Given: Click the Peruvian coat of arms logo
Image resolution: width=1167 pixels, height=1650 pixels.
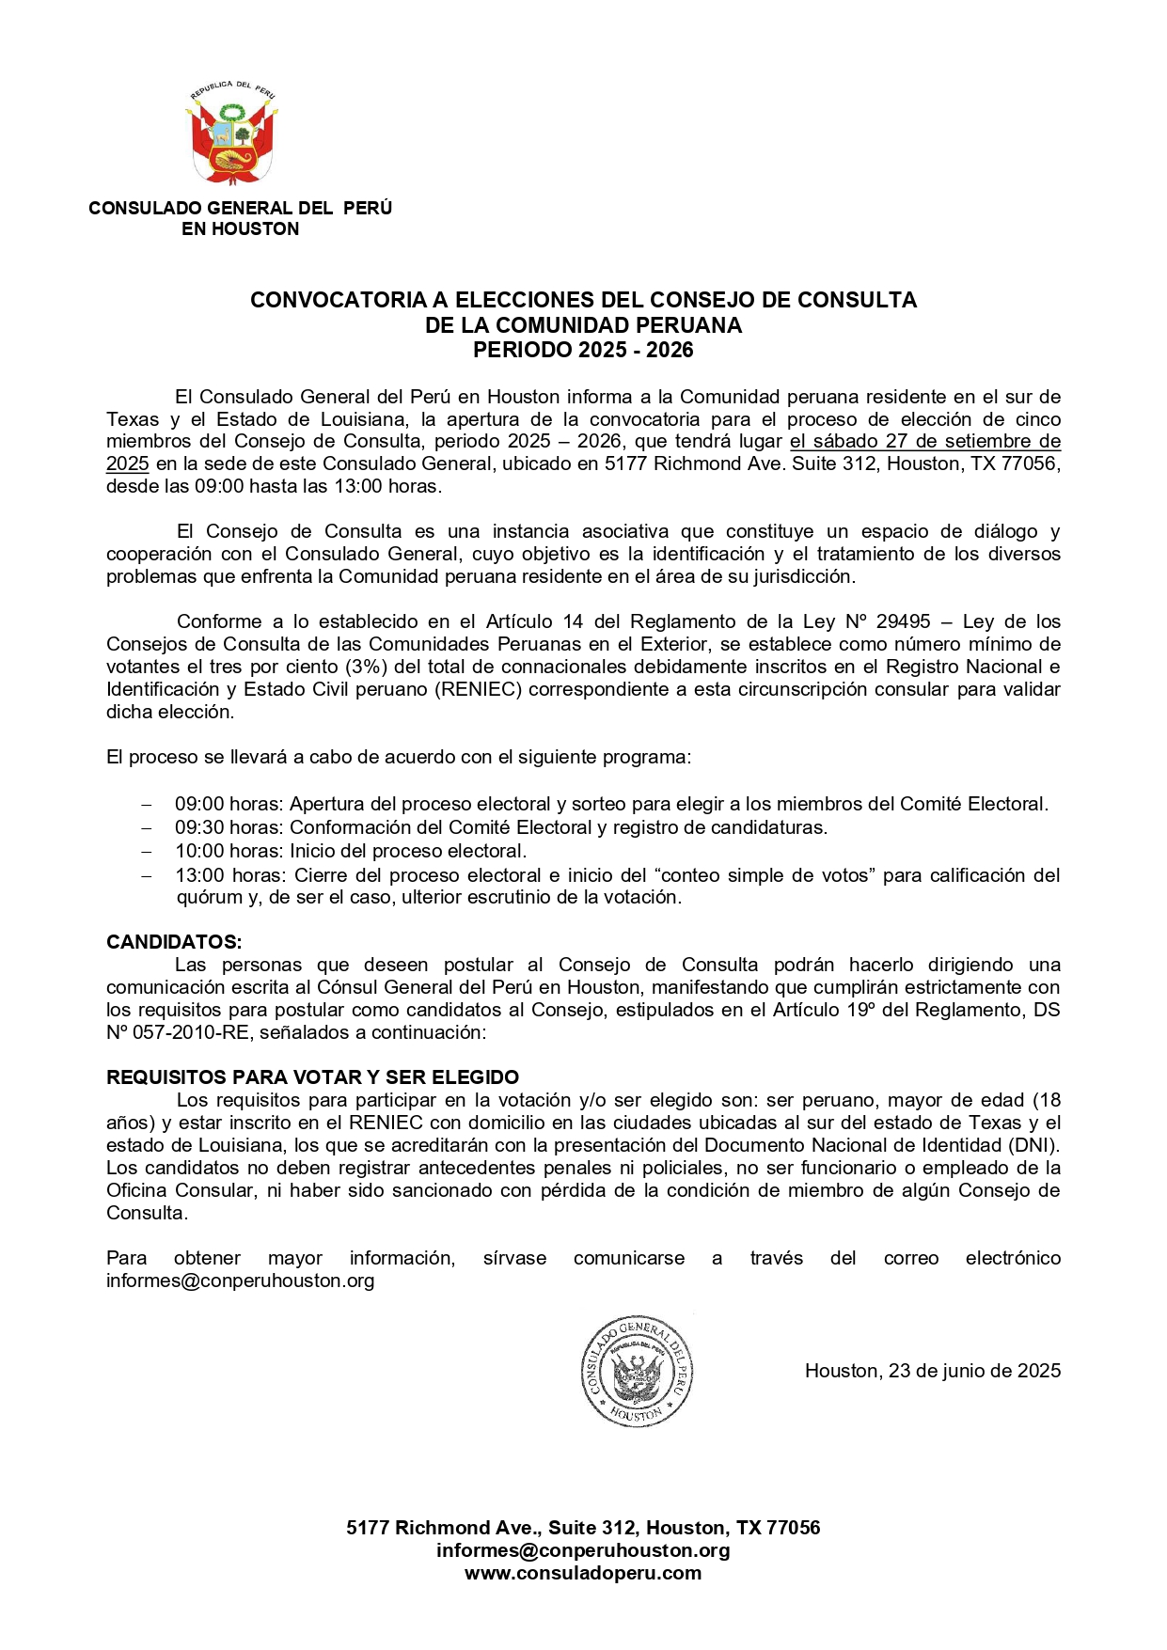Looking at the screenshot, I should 232,134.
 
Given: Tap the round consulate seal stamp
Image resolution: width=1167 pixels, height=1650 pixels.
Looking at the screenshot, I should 637,1371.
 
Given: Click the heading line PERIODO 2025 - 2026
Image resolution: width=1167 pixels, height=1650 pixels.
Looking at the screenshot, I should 583,351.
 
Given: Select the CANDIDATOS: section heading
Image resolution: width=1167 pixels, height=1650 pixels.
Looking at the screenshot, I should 174,942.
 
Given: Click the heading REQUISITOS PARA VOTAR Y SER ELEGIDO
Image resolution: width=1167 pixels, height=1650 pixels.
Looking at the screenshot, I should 312,1077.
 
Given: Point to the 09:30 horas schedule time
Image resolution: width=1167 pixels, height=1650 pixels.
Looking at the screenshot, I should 229,827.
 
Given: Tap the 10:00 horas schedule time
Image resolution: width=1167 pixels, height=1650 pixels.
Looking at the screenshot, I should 229,851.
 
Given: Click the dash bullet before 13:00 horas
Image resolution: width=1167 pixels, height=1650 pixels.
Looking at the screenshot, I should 146,875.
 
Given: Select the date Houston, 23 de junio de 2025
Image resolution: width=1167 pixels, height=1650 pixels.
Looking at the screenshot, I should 932,1371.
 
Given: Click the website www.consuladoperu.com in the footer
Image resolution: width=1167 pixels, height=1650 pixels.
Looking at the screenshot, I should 583,1573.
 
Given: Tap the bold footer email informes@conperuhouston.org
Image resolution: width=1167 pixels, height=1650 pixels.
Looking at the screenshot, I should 583,1550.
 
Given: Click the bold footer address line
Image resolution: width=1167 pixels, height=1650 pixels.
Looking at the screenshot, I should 583,1528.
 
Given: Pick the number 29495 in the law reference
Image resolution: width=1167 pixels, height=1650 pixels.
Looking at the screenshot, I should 903,621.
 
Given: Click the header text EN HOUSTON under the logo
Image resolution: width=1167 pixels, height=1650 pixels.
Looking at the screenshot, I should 240,229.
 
